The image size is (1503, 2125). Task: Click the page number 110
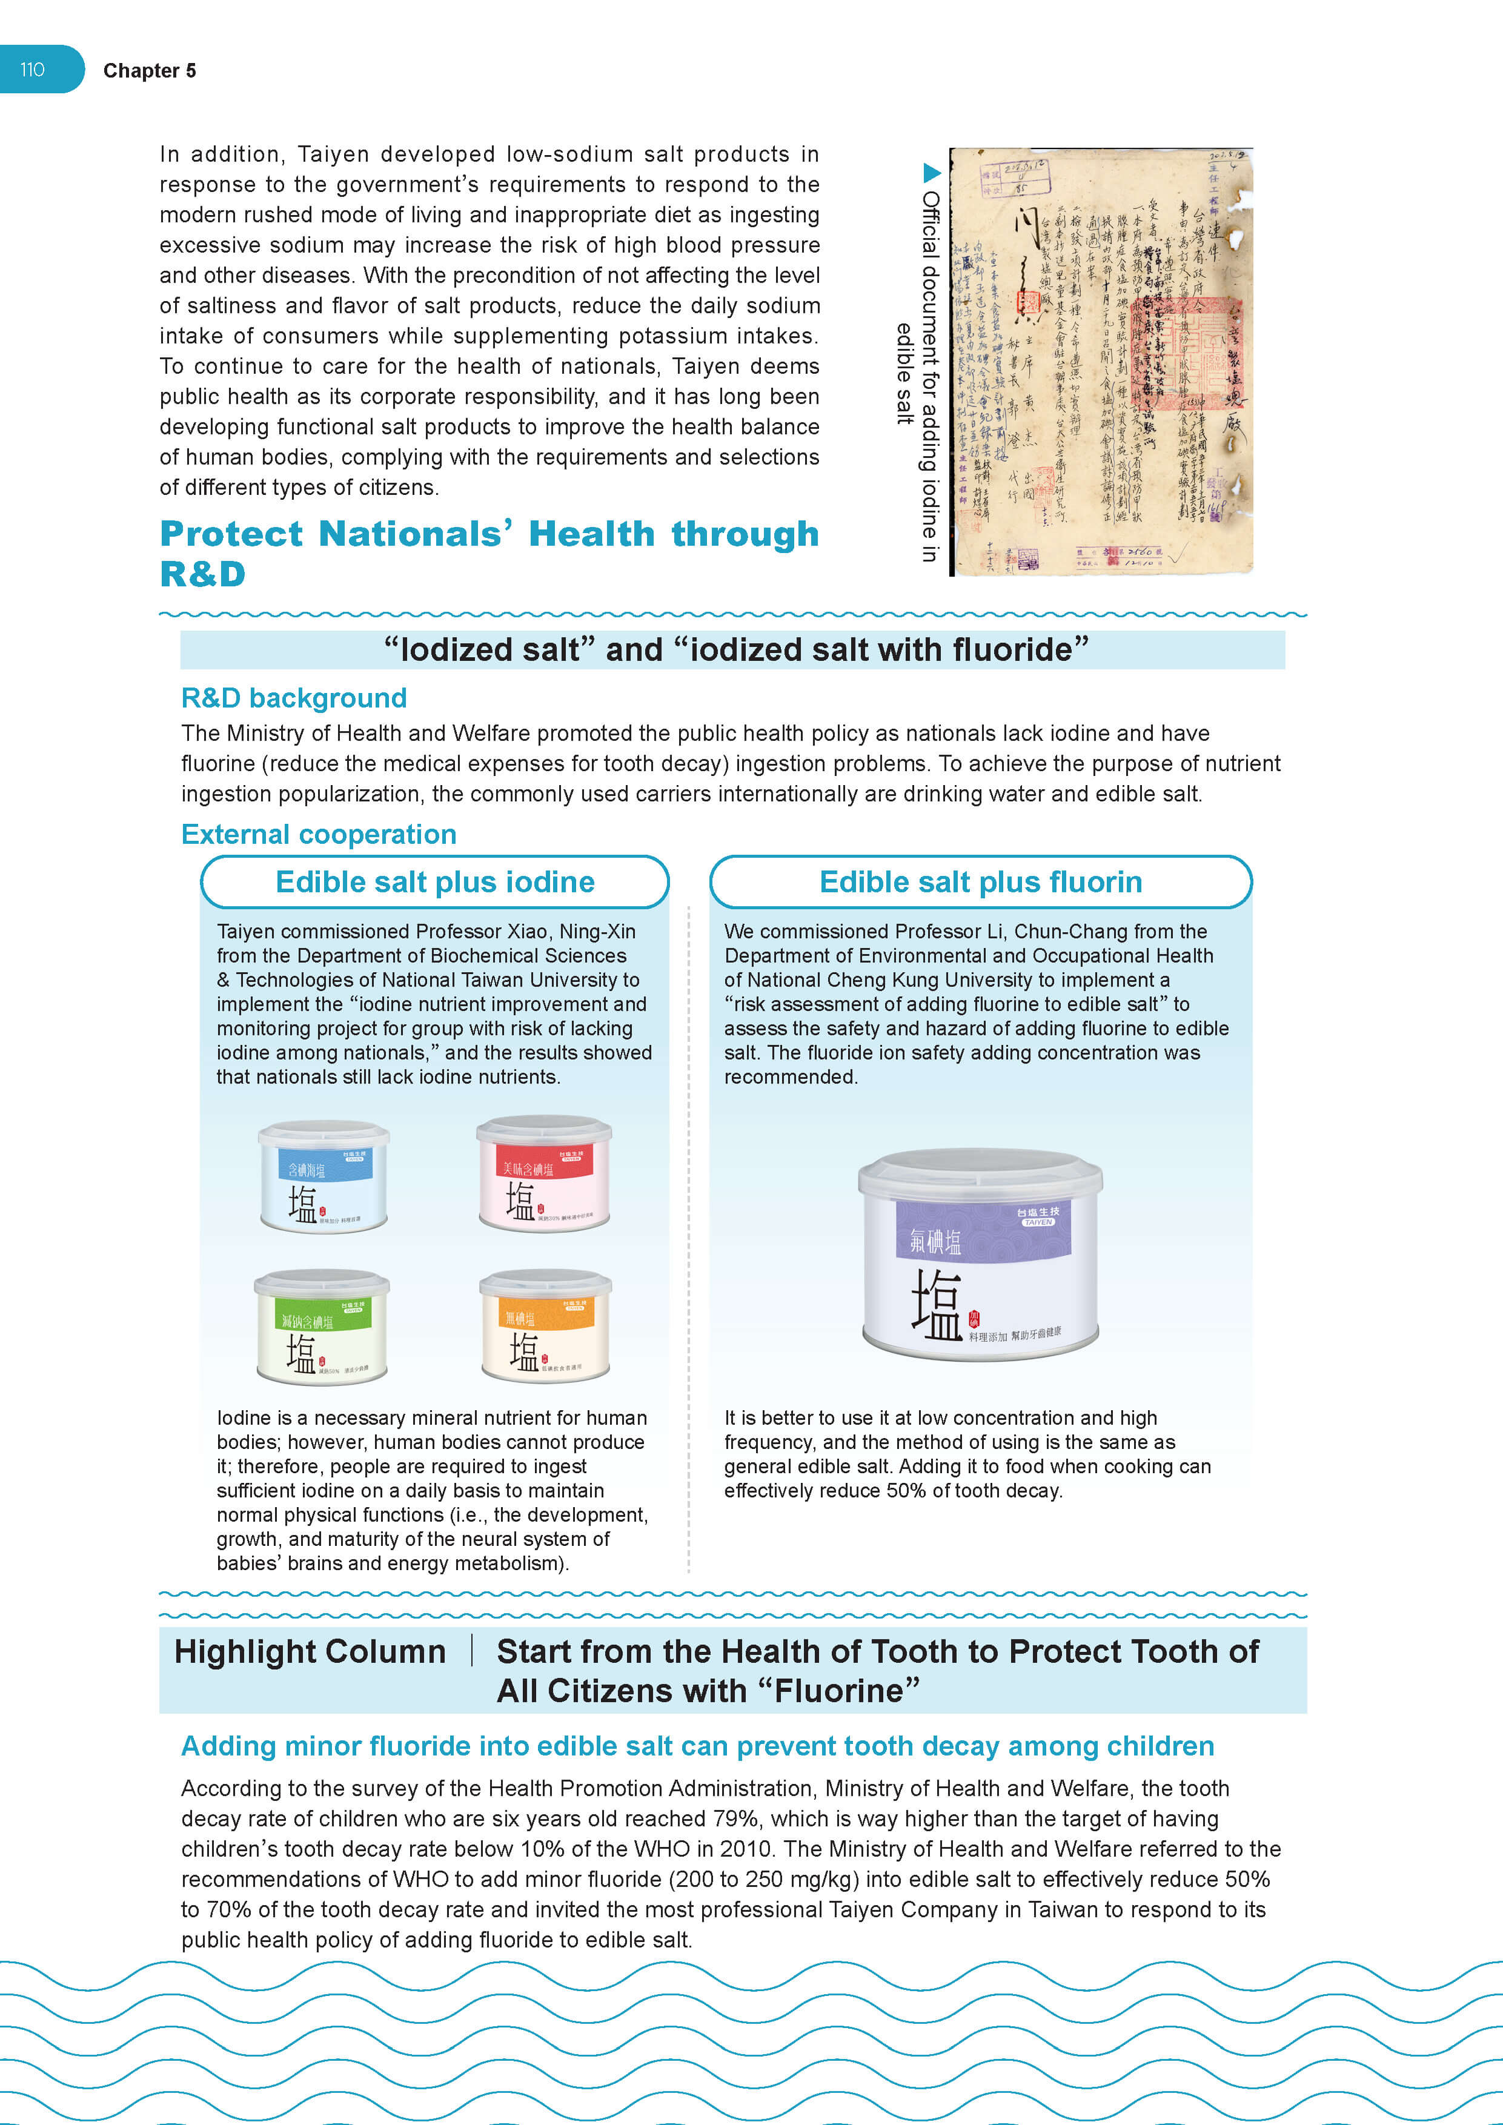32,70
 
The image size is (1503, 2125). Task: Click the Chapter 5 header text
149,71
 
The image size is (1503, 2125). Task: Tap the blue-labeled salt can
323,1177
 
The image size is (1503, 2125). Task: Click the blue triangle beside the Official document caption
932,172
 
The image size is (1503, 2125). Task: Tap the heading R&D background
293,698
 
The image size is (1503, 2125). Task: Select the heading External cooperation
319,834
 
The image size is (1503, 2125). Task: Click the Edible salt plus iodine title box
435,882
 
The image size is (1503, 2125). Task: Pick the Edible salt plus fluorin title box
980,882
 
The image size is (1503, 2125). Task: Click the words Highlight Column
310,1652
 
